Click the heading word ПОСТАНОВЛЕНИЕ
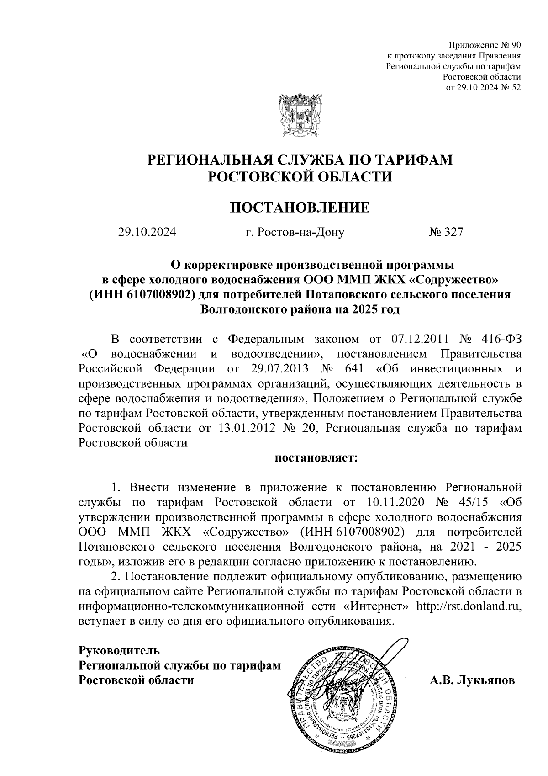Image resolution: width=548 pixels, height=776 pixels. (x=299, y=208)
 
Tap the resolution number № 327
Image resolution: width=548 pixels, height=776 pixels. (x=446, y=232)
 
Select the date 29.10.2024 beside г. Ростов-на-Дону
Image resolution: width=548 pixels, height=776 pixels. (x=147, y=232)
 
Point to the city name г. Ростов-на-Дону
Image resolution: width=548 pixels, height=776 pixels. (x=295, y=232)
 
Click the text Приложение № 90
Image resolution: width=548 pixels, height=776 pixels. (x=485, y=45)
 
